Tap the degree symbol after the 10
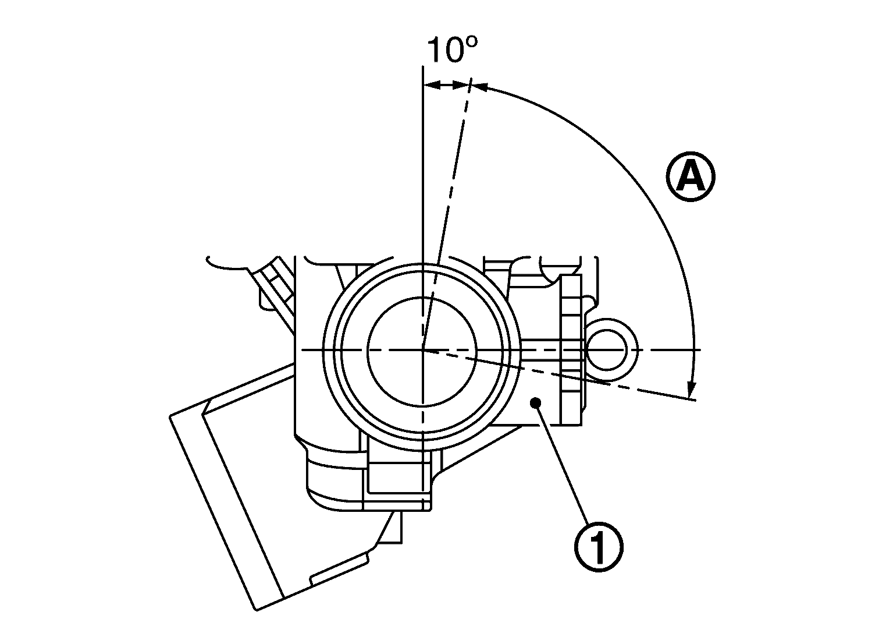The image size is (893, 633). (471, 43)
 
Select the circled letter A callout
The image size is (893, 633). (691, 178)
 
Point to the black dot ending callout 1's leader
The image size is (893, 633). (536, 402)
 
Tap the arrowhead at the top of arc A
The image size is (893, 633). (481, 87)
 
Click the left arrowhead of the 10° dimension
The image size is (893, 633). (431, 86)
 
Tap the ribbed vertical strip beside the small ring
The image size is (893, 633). (571, 349)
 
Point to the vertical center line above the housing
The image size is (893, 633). (422, 175)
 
